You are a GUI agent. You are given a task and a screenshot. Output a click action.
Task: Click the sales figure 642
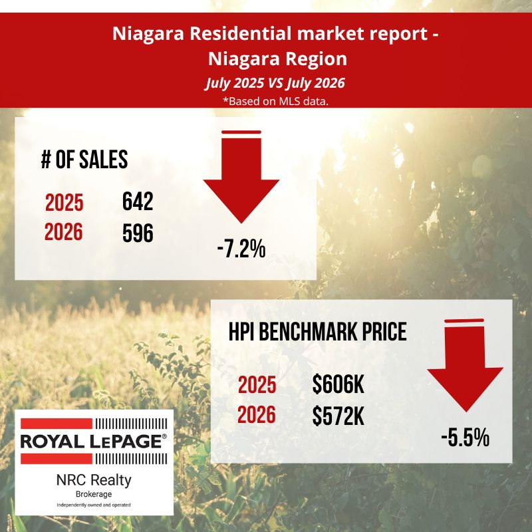[138, 201]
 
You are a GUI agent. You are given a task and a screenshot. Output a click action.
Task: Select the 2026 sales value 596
[138, 233]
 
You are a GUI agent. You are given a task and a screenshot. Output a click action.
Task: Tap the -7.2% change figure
[241, 249]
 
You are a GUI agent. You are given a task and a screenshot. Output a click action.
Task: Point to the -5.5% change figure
[465, 438]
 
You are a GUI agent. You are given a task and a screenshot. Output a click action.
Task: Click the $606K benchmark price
[338, 385]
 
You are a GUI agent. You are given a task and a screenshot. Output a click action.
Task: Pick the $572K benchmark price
[338, 416]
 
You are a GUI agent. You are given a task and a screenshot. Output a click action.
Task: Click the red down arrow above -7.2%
[241, 176]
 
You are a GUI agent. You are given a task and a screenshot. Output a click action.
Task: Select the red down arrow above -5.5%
[465, 365]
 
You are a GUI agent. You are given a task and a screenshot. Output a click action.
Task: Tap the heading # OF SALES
[84, 159]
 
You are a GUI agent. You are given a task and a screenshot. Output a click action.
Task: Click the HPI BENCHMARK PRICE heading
[318, 331]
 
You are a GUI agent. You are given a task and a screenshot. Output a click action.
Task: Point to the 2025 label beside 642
[64, 203]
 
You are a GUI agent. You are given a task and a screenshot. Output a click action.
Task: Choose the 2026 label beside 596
[63, 232]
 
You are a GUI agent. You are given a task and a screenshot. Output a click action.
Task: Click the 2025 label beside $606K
[257, 385]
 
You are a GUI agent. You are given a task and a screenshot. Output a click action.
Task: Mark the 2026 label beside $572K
[257, 415]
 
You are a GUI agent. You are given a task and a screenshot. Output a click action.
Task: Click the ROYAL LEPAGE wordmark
[94, 441]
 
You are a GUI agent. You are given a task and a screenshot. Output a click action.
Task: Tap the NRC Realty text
[94, 480]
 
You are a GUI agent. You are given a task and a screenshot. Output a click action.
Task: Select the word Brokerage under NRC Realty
[94, 494]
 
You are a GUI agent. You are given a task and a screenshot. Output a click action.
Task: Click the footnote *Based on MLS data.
[275, 101]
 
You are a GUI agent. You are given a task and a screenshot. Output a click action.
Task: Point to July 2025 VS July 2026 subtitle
[275, 82]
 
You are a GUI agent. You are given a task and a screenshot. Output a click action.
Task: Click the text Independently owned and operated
[94, 505]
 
